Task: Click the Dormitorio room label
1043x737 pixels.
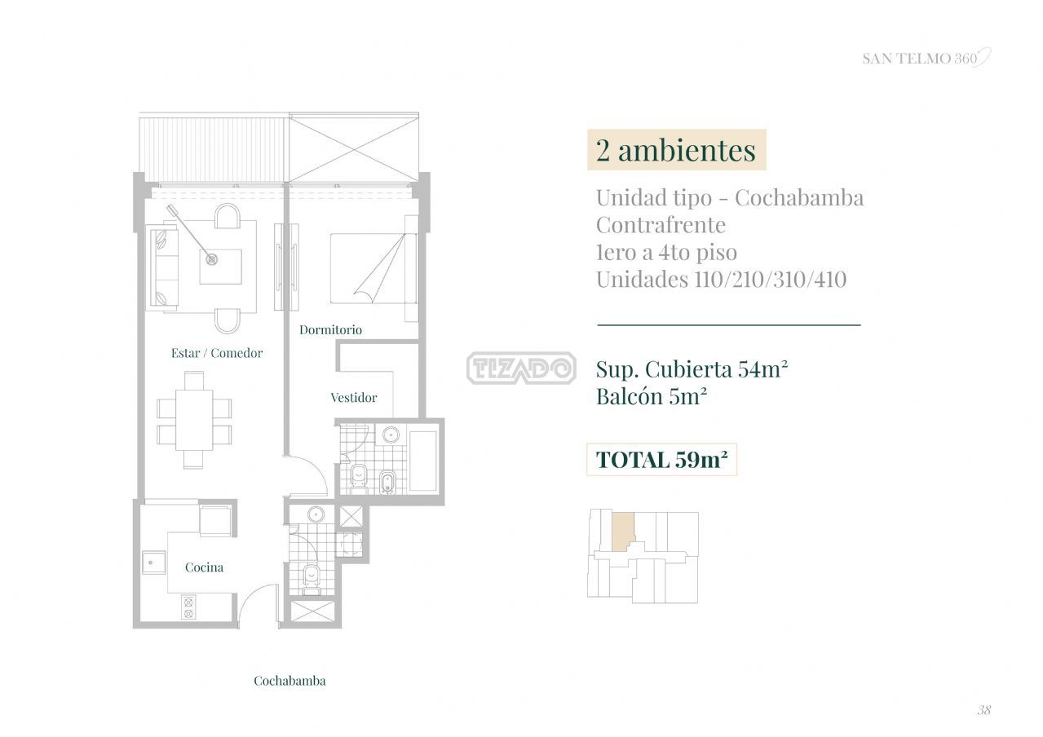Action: [330, 329]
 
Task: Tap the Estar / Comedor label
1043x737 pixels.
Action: [217, 353]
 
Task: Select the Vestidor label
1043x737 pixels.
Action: [353, 398]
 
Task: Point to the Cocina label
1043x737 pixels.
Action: [204, 567]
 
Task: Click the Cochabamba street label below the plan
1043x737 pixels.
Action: [289, 681]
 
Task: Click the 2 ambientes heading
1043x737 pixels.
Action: [676, 150]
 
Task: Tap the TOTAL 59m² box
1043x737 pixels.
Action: [661, 460]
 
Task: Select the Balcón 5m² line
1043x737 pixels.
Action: [652, 396]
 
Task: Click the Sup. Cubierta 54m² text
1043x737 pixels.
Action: [692, 369]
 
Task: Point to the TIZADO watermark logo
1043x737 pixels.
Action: [522, 368]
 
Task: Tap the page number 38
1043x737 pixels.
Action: [983, 709]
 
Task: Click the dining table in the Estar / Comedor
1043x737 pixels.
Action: [194, 420]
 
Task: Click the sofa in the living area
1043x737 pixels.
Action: [162, 268]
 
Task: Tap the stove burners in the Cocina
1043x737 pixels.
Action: [188, 607]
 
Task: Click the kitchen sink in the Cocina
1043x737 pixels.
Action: [154, 563]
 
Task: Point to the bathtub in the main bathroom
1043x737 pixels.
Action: [422, 460]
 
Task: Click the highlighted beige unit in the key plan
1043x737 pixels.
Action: [622, 532]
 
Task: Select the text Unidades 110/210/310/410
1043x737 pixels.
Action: [721, 280]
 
